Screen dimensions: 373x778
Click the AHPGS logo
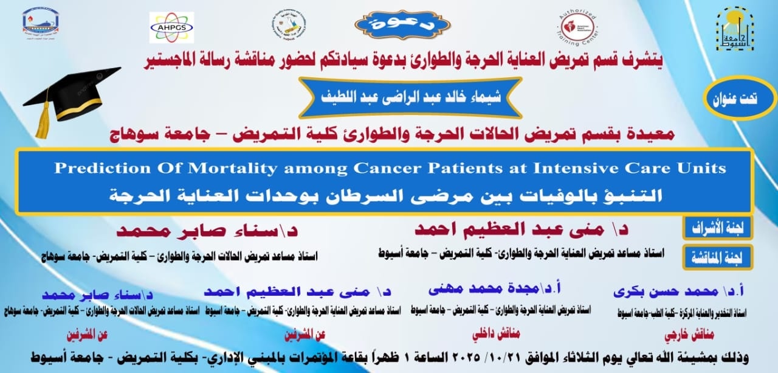(x=171, y=27)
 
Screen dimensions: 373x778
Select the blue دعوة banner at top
(x=402, y=25)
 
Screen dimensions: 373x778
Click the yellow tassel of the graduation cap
(x=43, y=119)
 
